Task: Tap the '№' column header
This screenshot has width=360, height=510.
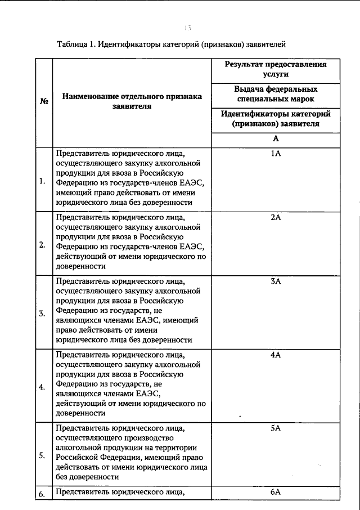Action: [x=43, y=101]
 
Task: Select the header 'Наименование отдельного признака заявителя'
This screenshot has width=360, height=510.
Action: [x=132, y=101]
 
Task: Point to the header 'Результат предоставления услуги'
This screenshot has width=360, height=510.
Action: [x=276, y=69]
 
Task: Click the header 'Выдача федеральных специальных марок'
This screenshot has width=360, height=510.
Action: [x=276, y=94]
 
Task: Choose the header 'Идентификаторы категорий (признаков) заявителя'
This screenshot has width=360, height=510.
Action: [x=276, y=119]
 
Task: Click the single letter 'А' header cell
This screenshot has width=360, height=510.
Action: [x=276, y=138]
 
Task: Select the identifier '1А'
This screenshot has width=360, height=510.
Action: [x=276, y=153]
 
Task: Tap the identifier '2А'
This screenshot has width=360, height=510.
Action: [x=276, y=217]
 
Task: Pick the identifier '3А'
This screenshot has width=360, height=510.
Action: [x=276, y=281]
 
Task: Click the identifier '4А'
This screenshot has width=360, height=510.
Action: [x=276, y=355]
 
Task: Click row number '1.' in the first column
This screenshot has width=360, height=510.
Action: [x=43, y=181]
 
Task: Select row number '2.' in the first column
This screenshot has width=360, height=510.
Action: [x=43, y=245]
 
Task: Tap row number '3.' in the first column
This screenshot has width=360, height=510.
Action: [x=43, y=314]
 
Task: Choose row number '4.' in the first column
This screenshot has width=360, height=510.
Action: [x=43, y=387]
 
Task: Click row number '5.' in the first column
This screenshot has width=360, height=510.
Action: [x=43, y=456]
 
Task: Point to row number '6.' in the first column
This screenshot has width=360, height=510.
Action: [x=43, y=494]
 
